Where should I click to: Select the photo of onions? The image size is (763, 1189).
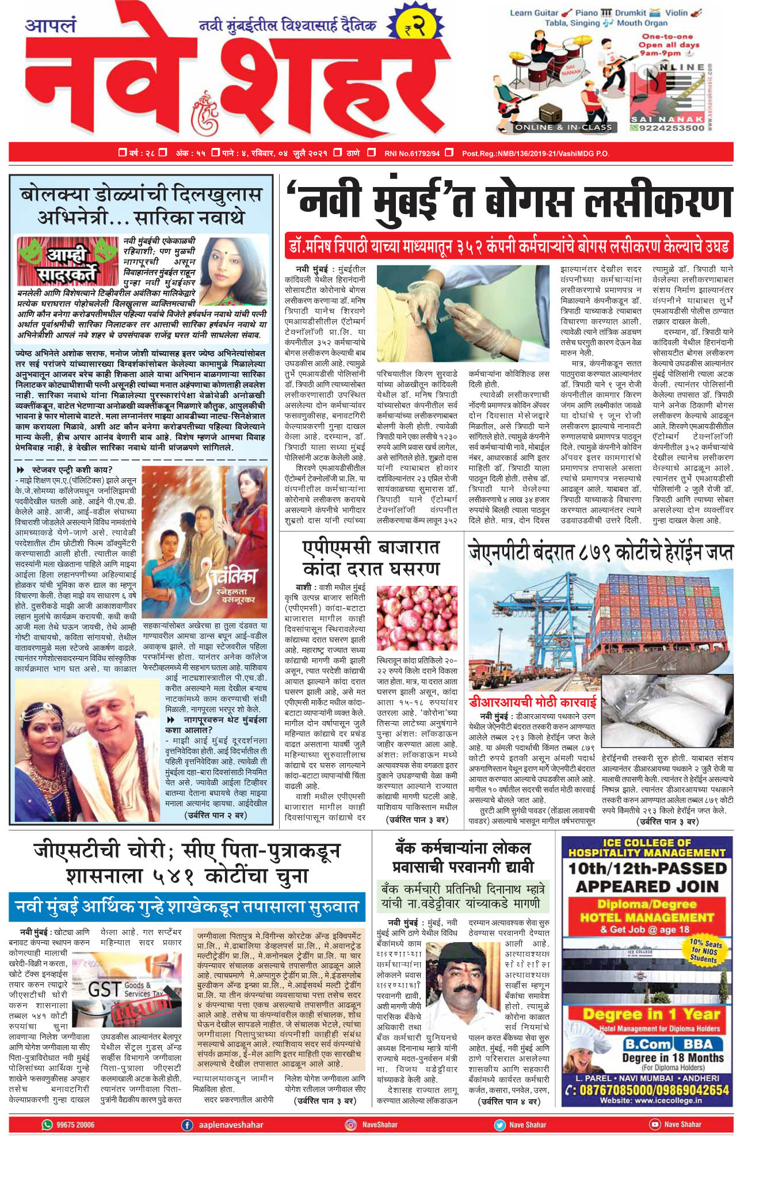pyautogui.click(x=417, y=619)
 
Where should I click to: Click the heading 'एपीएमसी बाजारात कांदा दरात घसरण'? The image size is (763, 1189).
pyautogui.click(x=371, y=558)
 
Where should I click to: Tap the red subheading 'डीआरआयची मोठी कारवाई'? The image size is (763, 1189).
pyautogui.click(x=532, y=703)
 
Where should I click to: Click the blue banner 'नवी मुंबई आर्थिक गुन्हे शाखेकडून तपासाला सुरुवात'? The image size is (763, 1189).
pyautogui.click(x=187, y=907)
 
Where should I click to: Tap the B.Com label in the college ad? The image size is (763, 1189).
pyautogui.click(x=647, y=1044)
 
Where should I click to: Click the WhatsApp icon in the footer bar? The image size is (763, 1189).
pyautogui.click(x=47, y=1125)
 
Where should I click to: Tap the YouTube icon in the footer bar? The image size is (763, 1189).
pyautogui.click(x=654, y=1125)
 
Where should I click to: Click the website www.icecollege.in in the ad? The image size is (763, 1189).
pyautogui.click(x=650, y=1101)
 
